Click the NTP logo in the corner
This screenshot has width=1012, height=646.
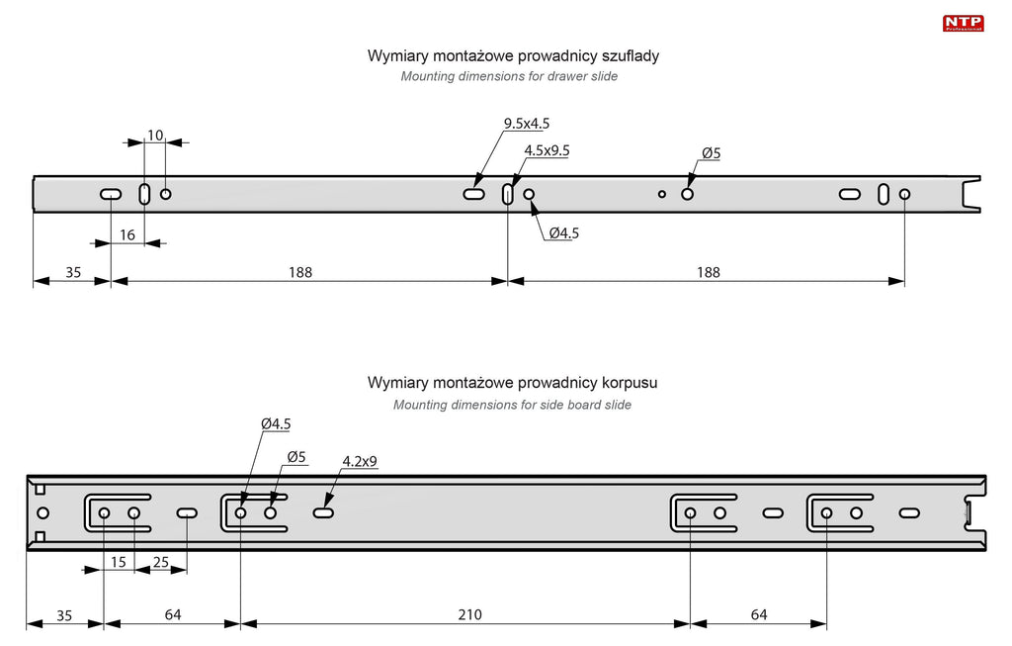pyautogui.click(x=963, y=22)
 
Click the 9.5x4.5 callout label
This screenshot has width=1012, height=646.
pyautogui.click(x=526, y=124)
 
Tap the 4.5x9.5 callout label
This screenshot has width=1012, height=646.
pyautogui.click(x=547, y=150)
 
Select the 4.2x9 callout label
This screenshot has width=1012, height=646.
pyautogui.click(x=360, y=461)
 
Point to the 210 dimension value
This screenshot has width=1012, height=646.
pyautogui.click(x=469, y=614)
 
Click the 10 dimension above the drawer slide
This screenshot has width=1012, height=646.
pyautogui.click(x=155, y=135)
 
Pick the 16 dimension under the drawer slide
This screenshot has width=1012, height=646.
pyautogui.click(x=127, y=234)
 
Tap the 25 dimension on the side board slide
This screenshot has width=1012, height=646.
pyautogui.click(x=161, y=562)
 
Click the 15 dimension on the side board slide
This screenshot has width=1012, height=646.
pyautogui.click(x=119, y=562)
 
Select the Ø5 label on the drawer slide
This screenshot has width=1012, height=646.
pyautogui.click(x=712, y=153)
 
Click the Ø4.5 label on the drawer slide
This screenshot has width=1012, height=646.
pyautogui.click(x=563, y=233)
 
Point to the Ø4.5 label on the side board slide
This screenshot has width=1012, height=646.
pyautogui.click(x=276, y=423)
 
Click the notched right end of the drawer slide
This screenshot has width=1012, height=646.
pyautogui.click(x=971, y=193)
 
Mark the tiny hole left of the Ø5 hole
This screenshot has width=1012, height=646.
pyautogui.click(x=662, y=194)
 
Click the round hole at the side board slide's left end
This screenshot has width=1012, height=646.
pyautogui.click(x=42, y=512)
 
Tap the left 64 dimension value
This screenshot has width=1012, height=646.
pyautogui.click(x=173, y=614)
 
